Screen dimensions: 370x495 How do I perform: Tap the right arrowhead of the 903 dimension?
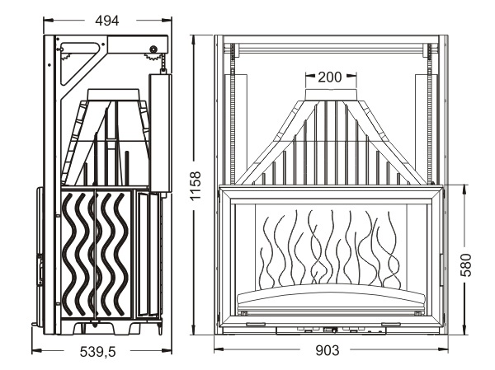click(x=441, y=350)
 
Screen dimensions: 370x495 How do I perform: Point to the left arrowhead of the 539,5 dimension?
click(x=35, y=350)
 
